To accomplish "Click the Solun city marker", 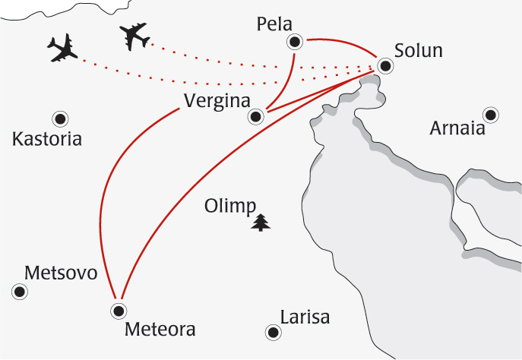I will tap(385, 65).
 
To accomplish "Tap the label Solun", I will tap(418, 51).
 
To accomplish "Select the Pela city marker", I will tap(294, 42).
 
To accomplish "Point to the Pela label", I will tap(275, 24).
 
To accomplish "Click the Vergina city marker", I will tap(256, 116).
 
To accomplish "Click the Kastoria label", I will tap(47, 140).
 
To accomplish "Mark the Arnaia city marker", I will tap(491, 115).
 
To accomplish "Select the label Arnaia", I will tap(457, 128).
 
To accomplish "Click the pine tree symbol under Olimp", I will tap(261, 223).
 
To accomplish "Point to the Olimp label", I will tap(231, 207).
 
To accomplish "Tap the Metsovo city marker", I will tap(21, 291).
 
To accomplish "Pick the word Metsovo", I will tap(62, 273).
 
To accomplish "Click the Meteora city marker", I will tap(118, 310).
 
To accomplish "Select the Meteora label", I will tap(160, 330).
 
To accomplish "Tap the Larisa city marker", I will tap(271, 332).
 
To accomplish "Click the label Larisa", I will tap(305, 317).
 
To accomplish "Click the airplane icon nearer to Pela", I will tap(134, 35).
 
